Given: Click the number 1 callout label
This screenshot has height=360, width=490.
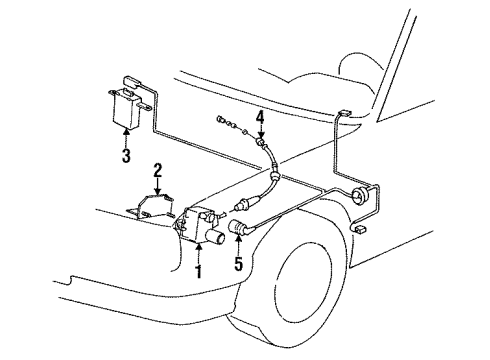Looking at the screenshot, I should pyautogui.click(x=198, y=270).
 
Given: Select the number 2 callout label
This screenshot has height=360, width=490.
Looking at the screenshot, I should pyautogui.click(x=157, y=170).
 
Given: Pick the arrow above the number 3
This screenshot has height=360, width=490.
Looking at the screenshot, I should pyautogui.click(x=126, y=138).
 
